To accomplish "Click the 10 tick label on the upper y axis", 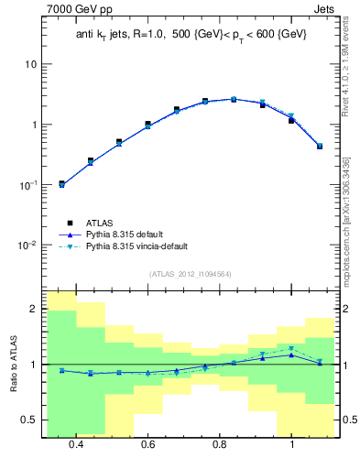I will (30, 64).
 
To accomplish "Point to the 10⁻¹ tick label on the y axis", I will (28, 184).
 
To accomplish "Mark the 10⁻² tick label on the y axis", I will (28, 245).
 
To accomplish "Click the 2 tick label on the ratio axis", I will (34, 310).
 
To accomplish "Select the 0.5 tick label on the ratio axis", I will (30, 420).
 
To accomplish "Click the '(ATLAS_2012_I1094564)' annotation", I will (191, 274).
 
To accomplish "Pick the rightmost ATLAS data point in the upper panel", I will (320, 146).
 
